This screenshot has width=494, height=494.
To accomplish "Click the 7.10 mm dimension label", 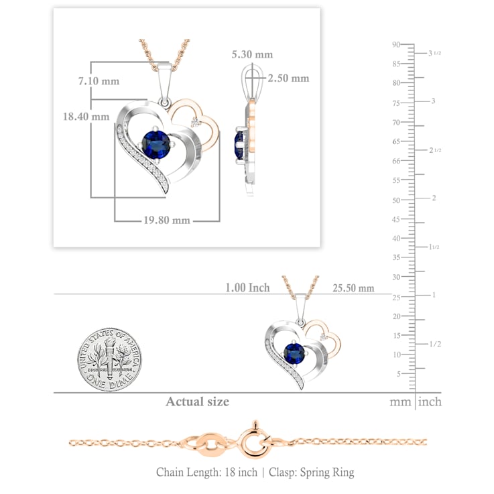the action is tap(99, 81).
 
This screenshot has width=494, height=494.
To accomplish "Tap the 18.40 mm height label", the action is tap(86, 116).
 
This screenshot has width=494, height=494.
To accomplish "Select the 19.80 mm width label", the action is tap(167, 220).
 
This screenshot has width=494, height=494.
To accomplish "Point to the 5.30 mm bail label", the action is tap(252, 54).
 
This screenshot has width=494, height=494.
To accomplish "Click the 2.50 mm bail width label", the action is tap(289, 78).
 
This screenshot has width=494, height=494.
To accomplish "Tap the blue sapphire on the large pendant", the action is tap(156, 145).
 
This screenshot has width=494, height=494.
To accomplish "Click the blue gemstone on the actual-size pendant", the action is tap(294, 353).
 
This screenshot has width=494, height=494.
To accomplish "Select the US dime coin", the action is tap(109, 359).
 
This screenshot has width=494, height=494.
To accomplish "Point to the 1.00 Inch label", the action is tap(247, 288).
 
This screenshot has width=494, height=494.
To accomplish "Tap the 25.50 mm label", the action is tap(353, 288).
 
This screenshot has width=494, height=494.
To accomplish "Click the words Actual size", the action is tap(198, 402).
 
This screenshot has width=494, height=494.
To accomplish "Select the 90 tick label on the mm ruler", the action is tap(396, 44).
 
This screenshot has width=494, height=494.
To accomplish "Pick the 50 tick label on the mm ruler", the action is tap(396, 200).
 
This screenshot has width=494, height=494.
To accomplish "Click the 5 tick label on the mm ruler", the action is tap(399, 374).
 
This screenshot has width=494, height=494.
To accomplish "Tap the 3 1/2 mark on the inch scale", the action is tap(434, 53).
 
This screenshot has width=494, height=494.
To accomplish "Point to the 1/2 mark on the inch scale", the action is tap(435, 344).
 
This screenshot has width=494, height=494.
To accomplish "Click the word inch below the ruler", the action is tap(430, 402).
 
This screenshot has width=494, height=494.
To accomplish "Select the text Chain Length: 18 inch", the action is tap(206, 472).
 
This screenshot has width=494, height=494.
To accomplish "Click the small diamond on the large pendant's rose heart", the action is tap(196, 123).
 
